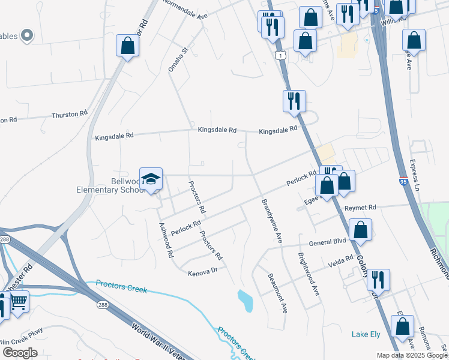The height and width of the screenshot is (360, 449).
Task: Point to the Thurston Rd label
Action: (70, 114)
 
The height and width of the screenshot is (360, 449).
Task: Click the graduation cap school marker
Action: (151, 178)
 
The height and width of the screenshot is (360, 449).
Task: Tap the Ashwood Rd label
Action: (166, 240)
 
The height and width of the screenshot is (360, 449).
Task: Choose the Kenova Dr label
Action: (202, 272)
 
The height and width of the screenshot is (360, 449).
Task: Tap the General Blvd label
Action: (328, 243)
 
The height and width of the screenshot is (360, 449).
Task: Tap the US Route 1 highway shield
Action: (280, 55)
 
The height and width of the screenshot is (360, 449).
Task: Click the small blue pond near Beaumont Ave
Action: (245, 301)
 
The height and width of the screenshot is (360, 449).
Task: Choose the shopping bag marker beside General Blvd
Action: (360, 230)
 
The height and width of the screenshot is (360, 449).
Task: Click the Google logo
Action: (20, 353)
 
